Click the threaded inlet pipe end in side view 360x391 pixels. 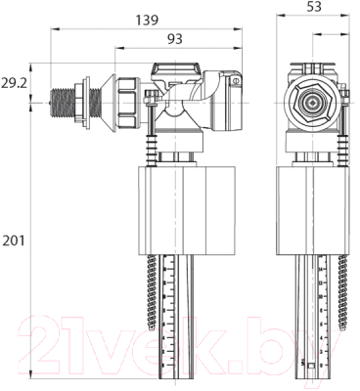click(67, 100)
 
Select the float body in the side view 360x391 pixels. click(171, 207)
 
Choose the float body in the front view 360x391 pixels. click(311, 207)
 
